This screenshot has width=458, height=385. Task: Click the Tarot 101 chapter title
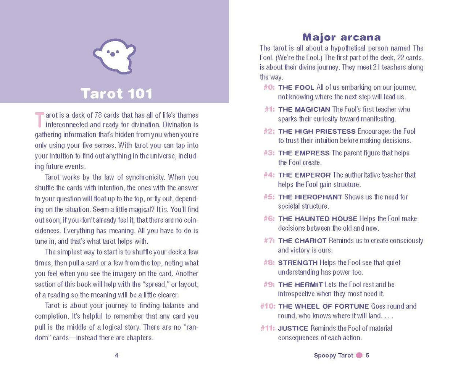tap(117, 94)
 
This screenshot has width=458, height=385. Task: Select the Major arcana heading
tap(342, 37)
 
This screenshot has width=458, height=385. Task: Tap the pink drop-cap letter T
tap(39, 120)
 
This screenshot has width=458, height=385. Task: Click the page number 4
tap(116, 355)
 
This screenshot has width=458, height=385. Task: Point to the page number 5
tap(368, 355)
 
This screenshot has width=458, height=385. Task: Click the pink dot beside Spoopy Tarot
tap(359, 355)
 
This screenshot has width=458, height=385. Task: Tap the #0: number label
tap(269, 87)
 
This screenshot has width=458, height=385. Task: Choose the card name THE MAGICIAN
tap(304, 110)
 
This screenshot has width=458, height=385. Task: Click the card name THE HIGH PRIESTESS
tap(317, 131)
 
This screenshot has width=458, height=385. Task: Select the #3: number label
tap(269, 153)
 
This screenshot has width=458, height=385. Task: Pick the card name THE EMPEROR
tap(304, 175)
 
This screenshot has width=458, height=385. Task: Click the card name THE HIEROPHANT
tap(310, 197)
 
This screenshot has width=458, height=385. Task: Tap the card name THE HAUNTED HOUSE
tap(318, 219)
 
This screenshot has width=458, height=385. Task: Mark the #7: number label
tap(269, 241)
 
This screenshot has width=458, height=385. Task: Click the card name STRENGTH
tap(298, 263)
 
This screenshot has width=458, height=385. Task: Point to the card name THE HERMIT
tap(300, 285)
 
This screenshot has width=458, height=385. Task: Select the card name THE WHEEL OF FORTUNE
tap(323, 306)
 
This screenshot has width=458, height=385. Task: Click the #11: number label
tap(268, 328)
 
